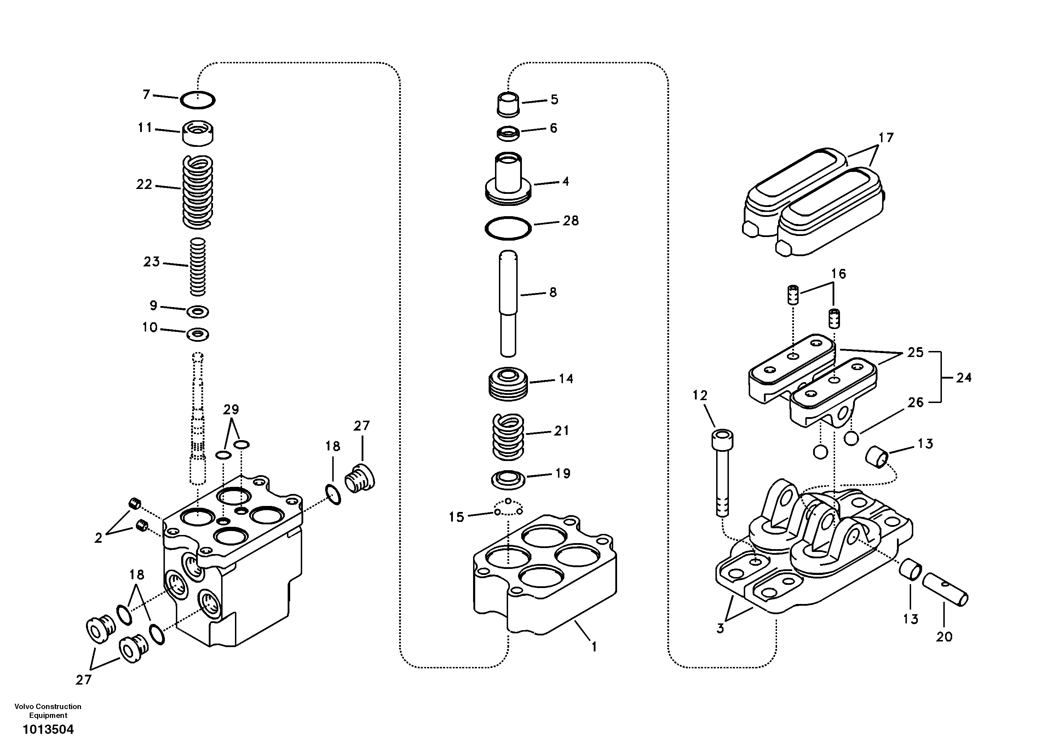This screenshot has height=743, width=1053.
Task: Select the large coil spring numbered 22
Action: tap(198, 191)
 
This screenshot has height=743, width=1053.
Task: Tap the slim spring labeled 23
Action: tap(198, 267)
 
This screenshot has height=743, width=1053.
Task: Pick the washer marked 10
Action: tap(198, 334)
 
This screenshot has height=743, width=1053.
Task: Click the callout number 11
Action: tap(145, 127)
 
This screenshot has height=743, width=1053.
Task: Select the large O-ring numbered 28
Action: tap(508, 228)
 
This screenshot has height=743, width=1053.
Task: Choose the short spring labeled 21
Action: tap(508, 437)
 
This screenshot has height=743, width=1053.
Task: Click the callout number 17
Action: tap(886, 138)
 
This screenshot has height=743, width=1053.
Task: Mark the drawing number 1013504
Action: tap(48, 729)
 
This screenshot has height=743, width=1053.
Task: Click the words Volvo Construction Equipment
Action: tap(48, 710)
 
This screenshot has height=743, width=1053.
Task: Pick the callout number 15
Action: tap(456, 517)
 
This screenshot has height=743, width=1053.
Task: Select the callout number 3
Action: tap(720, 628)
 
